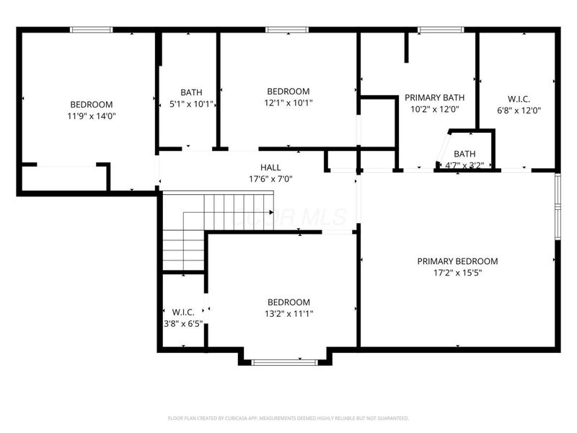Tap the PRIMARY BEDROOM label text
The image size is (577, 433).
pos(457,261)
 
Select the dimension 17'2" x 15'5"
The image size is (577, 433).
pos(457,273)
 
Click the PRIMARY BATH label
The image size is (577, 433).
pos(434,97)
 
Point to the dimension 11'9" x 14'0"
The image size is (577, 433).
pos(91,115)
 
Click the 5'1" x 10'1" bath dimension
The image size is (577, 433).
pos(191,103)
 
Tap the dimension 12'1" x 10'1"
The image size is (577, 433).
pos(288,102)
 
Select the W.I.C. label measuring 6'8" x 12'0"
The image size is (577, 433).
pos(519,99)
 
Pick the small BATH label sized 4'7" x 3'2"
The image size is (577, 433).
pos(464,154)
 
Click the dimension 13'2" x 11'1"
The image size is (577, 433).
pos(288,313)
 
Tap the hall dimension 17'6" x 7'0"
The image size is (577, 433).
pos(270,179)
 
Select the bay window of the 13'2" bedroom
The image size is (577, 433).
pos(285,362)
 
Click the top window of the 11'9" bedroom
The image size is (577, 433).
pos(92,30)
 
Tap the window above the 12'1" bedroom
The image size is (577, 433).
pos(288,30)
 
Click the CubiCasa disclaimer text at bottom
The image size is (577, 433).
pos(288,418)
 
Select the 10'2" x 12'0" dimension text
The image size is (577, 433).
pos(434,110)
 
